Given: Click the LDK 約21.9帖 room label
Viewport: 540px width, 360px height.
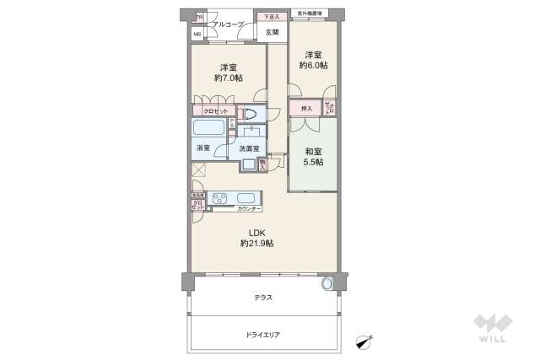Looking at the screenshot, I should pos(256,238).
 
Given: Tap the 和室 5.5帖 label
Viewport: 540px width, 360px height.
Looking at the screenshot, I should pos(313,157).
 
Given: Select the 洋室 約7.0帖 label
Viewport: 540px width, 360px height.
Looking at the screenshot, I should pos(228,73).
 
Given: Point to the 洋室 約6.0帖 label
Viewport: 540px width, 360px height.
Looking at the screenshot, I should pos(313,60).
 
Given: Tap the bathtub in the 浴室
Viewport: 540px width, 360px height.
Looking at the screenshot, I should pos(208,129).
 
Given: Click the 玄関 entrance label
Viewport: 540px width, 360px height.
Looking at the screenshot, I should pos(271,33).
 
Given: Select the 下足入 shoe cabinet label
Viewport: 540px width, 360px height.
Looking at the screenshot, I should pos(270,17).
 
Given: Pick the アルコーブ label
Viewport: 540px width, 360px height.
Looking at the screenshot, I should pos(228,25).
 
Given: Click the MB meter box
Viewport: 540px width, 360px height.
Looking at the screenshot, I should pos(197,34).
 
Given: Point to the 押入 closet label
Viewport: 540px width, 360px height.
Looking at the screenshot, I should pos(306,108).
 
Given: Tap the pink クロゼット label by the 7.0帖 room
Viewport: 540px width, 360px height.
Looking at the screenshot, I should pos(213,111).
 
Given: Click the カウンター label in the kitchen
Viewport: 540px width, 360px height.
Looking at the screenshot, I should pos(249,208).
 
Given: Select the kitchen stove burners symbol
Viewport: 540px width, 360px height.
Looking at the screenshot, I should pos(220,199).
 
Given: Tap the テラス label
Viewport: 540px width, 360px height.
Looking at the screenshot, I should pos(262,298).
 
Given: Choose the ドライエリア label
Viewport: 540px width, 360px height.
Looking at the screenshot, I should pos(262,335).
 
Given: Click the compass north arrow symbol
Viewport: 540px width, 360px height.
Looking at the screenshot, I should pos(364,341).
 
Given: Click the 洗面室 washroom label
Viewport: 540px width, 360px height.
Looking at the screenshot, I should pos(248,149).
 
